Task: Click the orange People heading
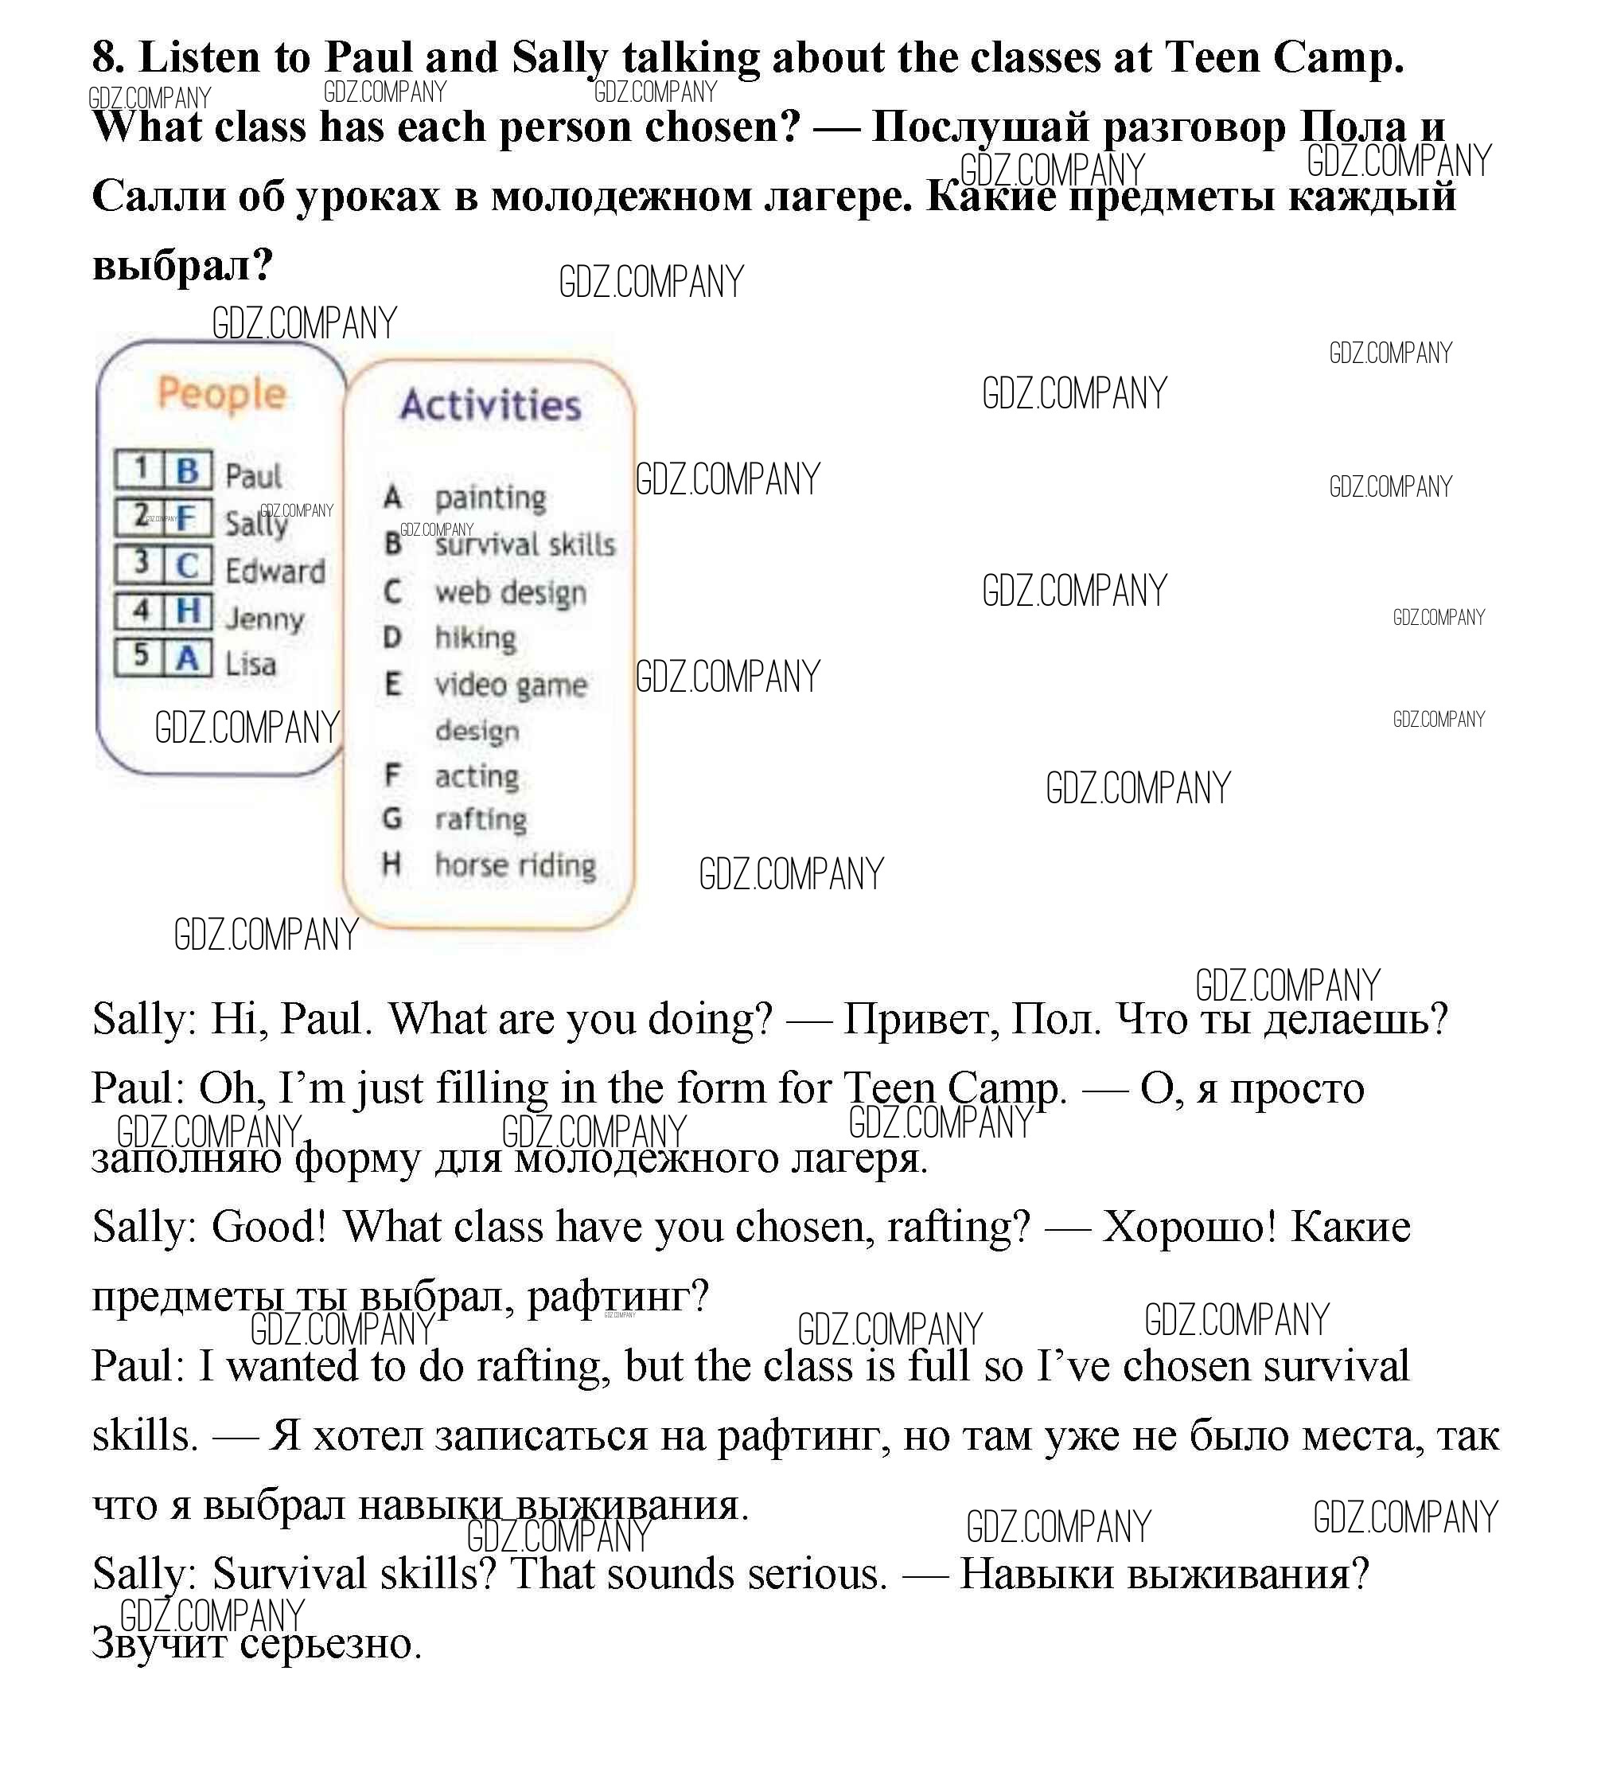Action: [x=221, y=394]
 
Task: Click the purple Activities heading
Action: [x=490, y=405]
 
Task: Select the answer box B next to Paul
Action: [x=187, y=470]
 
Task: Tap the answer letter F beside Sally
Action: [x=186, y=518]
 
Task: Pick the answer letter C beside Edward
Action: [x=187, y=565]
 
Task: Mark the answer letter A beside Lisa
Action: [x=187, y=658]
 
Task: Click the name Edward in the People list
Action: [x=275, y=572]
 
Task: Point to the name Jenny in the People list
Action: [x=264, y=619]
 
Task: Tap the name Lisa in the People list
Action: [x=250, y=665]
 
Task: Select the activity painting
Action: [x=490, y=498]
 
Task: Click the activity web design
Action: [x=511, y=593]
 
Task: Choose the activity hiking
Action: [x=476, y=638]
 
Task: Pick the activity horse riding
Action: [x=515, y=865]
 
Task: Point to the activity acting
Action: [x=477, y=776]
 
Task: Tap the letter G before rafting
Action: [x=392, y=819]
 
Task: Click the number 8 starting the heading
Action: [x=105, y=58]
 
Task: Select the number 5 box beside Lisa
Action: [x=140, y=656]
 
